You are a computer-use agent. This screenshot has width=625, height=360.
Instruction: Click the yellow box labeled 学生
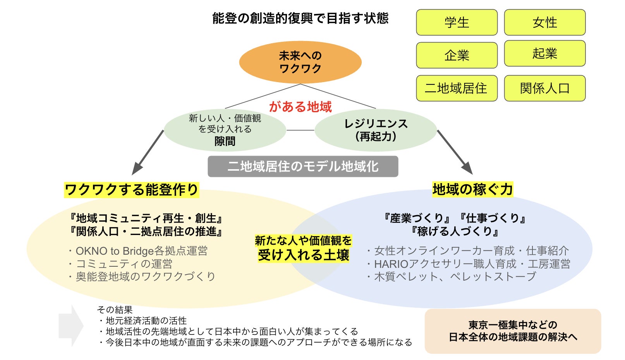457,22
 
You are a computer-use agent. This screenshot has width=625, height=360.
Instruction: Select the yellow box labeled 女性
544,22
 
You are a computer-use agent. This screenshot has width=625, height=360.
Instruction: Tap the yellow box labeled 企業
457,55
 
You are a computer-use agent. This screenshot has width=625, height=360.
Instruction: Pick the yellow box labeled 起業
544,53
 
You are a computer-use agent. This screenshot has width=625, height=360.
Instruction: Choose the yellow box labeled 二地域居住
457,88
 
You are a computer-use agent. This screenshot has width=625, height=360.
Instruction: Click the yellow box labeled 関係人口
544,88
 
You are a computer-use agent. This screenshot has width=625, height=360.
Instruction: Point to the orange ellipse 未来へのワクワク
300,62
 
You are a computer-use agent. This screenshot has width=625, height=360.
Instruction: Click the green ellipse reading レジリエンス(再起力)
376,130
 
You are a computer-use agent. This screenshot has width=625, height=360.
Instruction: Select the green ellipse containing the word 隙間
225,130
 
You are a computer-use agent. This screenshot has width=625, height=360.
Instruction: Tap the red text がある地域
300,106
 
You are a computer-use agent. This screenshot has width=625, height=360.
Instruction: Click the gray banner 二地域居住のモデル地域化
303,166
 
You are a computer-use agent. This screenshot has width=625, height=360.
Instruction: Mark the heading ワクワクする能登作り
131,190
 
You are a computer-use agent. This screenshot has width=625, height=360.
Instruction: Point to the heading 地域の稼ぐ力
472,189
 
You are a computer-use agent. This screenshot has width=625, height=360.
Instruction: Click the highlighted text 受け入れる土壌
304,255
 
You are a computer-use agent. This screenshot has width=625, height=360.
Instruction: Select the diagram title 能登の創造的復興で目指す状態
300,18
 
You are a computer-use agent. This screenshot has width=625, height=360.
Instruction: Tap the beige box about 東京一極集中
513,331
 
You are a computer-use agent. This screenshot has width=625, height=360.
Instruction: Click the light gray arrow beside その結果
71,325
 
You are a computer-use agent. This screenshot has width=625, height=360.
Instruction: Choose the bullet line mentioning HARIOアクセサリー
469,264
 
